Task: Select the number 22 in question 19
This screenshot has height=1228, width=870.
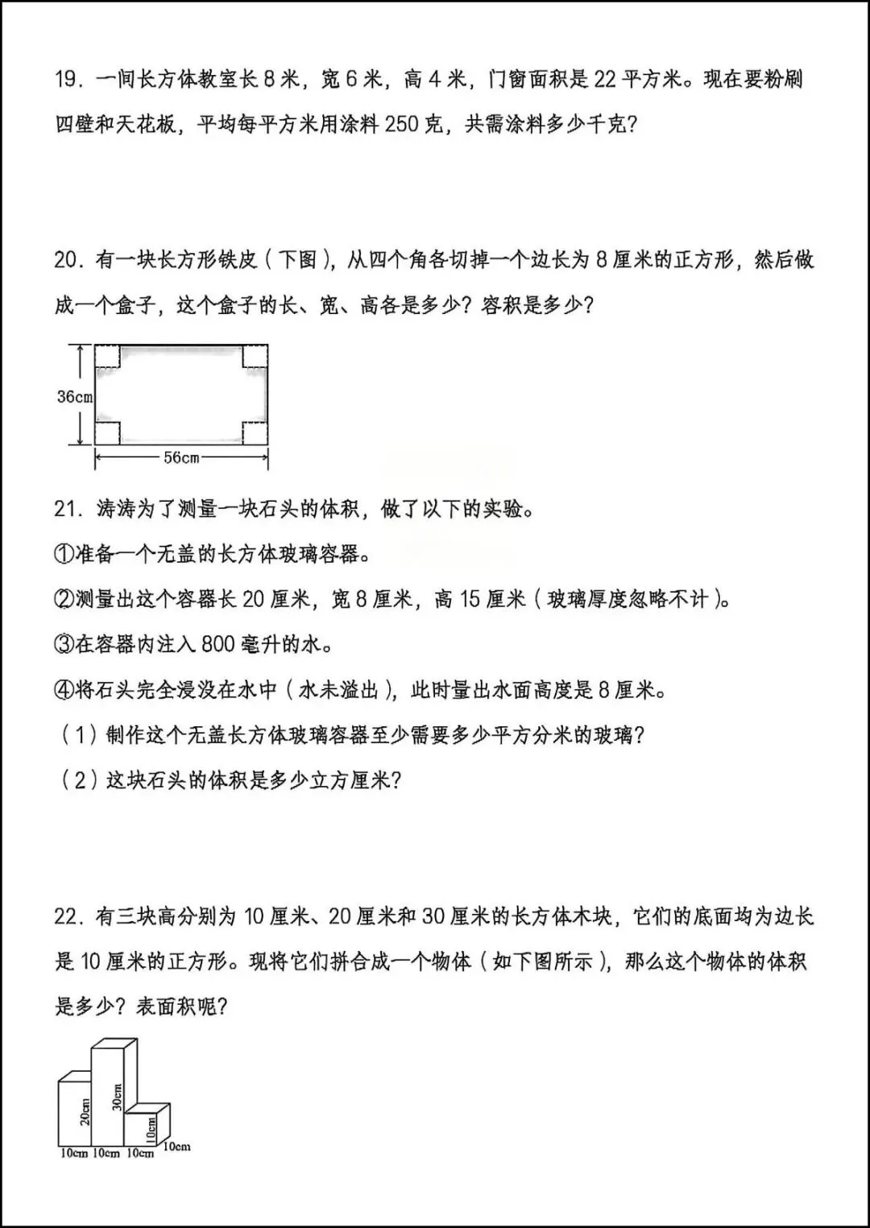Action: (x=606, y=80)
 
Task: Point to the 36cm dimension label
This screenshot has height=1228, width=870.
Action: (x=75, y=397)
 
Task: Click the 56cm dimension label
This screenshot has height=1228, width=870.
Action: (x=181, y=457)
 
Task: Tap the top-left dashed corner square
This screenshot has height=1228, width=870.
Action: (x=108, y=357)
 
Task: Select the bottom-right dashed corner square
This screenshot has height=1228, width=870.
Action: (x=255, y=432)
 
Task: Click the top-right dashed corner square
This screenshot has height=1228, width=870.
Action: (x=255, y=357)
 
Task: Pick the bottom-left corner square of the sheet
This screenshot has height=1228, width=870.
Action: (x=108, y=432)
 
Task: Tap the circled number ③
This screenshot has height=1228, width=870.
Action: (x=64, y=645)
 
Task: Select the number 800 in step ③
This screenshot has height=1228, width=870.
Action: (x=217, y=645)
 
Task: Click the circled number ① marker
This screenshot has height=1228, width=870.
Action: (x=64, y=555)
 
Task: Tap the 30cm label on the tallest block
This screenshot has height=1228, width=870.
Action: (x=118, y=1097)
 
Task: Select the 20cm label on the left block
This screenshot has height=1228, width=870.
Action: (x=85, y=1112)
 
